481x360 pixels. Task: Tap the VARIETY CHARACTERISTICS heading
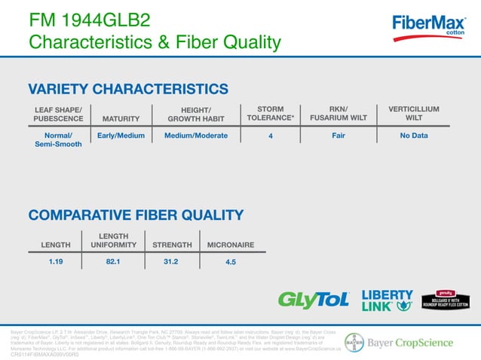pyautogui.click(x=128, y=89)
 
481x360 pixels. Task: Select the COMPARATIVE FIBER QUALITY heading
pyautogui.click(x=136, y=215)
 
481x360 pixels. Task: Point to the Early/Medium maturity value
pyautogui.click(x=121, y=136)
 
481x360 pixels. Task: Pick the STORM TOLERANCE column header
pyautogui.click(x=270, y=114)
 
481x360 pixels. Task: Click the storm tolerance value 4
pyautogui.click(x=270, y=136)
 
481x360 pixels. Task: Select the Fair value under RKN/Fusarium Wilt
pyautogui.click(x=339, y=136)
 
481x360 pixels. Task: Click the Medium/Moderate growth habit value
pyautogui.click(x=196, y=136)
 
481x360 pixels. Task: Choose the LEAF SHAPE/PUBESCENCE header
pyautogui.click(x=58, y=114)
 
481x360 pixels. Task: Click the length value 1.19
pyautogui.click(x=55, y=262)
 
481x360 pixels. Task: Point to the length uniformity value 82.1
pyautogui.click(x=114, y=262)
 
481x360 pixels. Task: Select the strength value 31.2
pyautogui.click(x=170, y=262)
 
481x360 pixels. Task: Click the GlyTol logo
pyautogui.click(x=314, y=299)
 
